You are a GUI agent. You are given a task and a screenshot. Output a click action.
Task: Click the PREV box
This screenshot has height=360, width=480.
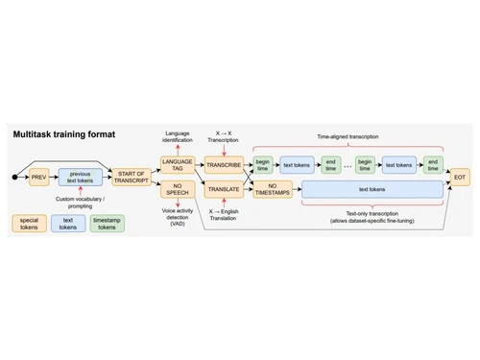38,178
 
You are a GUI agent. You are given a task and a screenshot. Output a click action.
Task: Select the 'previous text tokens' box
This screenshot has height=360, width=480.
81,178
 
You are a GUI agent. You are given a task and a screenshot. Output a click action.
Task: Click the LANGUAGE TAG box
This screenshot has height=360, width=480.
178,164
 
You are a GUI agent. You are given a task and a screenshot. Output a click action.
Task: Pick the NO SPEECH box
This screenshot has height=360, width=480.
178,190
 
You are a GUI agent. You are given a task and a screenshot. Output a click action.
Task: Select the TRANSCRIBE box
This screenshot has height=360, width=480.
225,164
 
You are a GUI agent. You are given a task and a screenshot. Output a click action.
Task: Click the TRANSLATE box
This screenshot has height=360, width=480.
225,190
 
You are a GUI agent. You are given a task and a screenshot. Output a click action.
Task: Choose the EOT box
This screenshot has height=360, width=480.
460,178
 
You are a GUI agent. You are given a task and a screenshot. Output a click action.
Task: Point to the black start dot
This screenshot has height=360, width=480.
14,178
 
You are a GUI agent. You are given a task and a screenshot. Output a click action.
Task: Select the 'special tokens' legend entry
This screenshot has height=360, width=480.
30,223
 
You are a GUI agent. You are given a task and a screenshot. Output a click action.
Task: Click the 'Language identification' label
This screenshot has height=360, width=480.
179,136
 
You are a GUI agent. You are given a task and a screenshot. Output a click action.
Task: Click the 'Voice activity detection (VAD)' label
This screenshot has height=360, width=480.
179,217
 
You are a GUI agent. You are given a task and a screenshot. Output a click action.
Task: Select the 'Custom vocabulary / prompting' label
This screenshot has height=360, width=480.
81,203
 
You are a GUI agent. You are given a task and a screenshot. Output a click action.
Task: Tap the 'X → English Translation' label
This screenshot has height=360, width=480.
225,217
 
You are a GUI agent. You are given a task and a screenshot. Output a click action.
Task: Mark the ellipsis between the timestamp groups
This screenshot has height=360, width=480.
348,164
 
